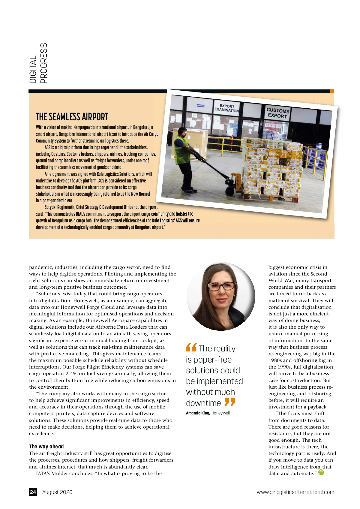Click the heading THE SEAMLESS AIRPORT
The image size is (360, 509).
point(72,117)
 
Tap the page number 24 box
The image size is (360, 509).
point(33,492)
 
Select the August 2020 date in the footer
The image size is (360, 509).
point(57,492)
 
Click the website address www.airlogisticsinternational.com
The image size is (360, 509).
point(295,492)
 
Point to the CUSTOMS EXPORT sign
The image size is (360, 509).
point(277,113)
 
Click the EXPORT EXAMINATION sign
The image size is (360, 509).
point(226,108)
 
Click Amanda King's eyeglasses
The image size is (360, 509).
point(221,286)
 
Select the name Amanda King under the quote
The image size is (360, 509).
point(198,413)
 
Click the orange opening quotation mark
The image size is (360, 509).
point(191,348)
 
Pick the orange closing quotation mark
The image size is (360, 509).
point(230,402)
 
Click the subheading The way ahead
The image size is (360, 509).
point(46,447)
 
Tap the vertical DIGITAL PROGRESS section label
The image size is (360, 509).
point(38,63)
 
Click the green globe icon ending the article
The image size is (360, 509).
point(321,472)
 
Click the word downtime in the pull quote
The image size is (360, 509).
point(203,403)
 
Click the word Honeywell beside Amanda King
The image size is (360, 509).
point(220,413)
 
